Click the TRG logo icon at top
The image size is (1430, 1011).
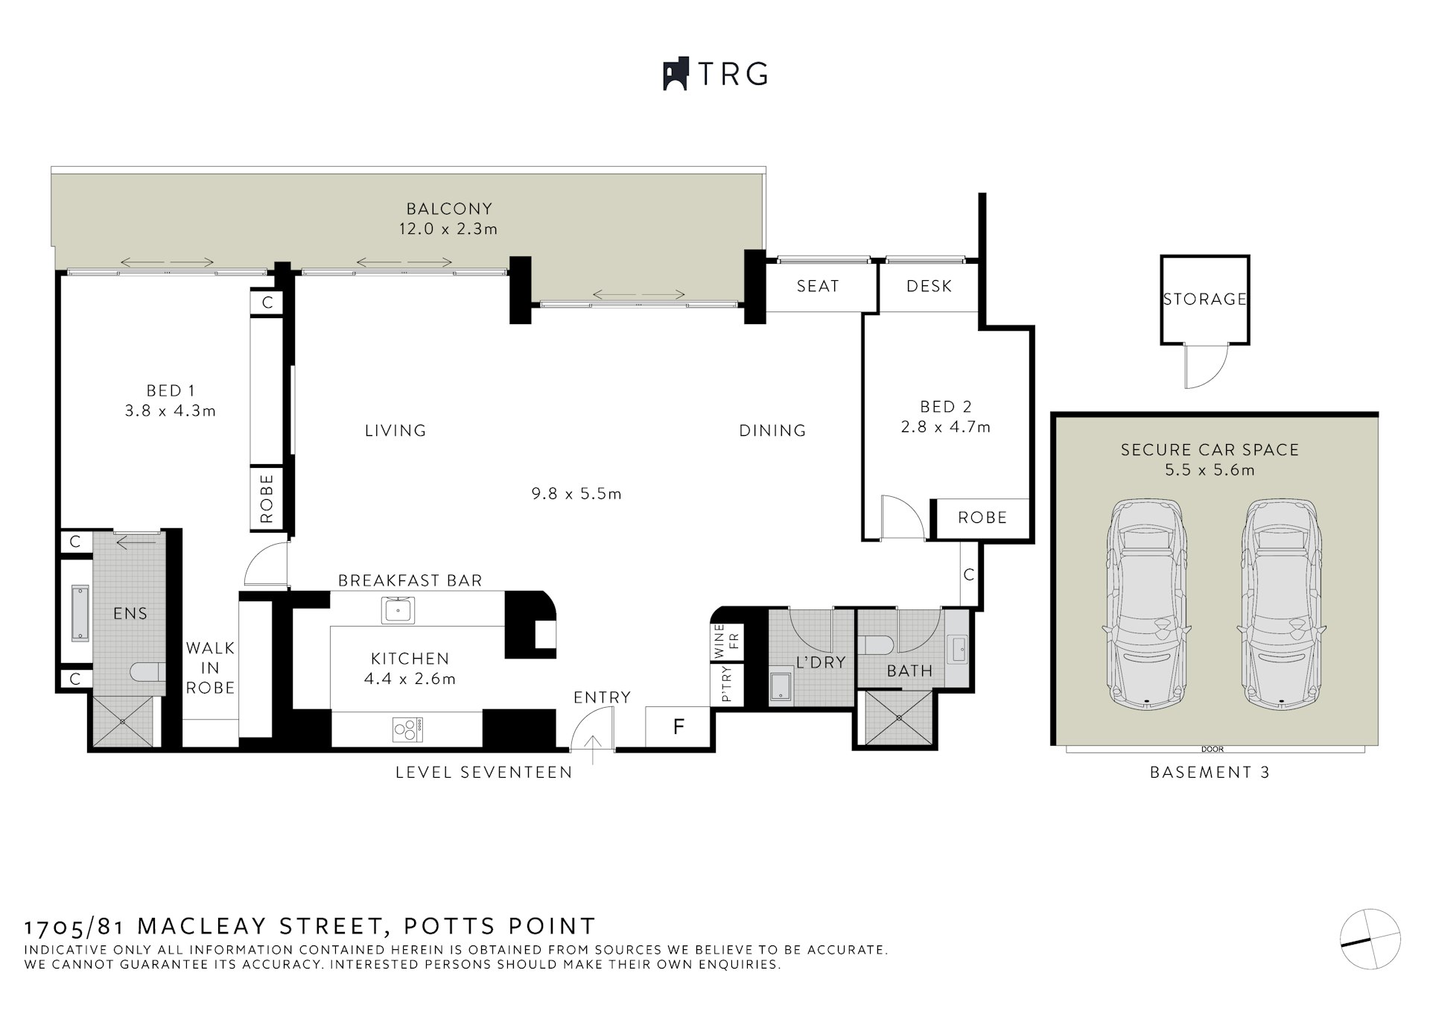pyautogui.click(x=676, y=75)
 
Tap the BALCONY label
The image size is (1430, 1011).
pyautogui.click(x=449, y=209)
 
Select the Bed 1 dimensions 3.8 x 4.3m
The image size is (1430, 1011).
pyautogui.click(x=171, y=411)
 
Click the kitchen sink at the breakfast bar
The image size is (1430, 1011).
pyautogui.click(x=398, y=610)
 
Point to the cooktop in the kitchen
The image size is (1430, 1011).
pyautogui.click(x=407, y=728)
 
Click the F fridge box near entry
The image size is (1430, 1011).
pyautogui.click(x=678, y=726)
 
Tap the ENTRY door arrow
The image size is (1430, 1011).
pyautogui.click(x=593, y=749)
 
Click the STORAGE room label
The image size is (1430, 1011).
pyautogui.click(x=1204, y=299)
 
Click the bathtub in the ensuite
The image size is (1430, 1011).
pyautogui.click(x=78, y=612)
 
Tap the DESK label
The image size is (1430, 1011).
pyautogui.click(x=929, y=286)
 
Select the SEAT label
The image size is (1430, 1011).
pyautogui.click(x=818, y=286)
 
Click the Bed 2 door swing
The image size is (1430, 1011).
pyautogui.click(x=900, y=516)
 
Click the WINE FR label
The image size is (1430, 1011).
pyautogui.click(x=726, y=641)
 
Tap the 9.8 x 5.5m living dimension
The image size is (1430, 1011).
pyautogui.click(x=576, y=493)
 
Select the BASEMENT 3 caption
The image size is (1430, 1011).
pyautogui.click(x=1210, y=773)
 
